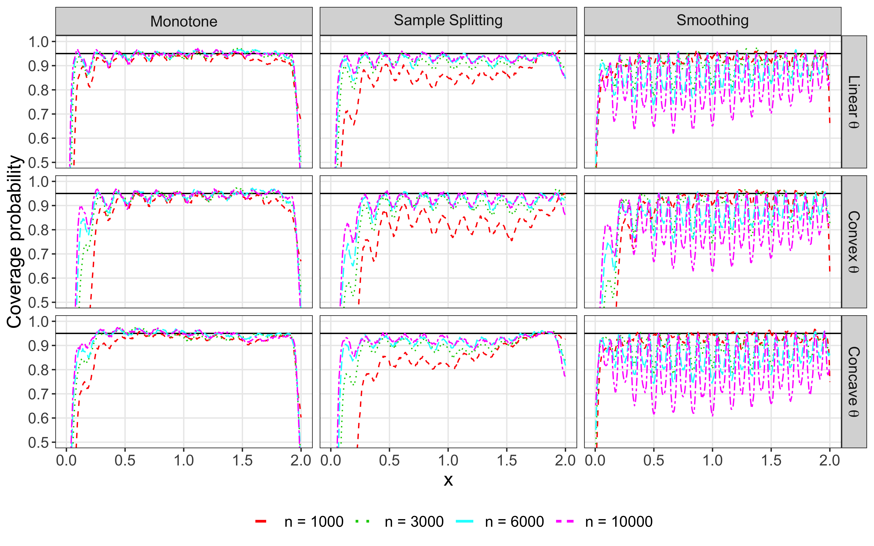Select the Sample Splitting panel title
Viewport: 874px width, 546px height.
point(448,21)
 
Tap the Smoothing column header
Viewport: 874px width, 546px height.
point(713,21)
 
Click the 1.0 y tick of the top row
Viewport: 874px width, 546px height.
point(39,42)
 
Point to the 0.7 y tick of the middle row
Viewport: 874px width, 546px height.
point(39,254)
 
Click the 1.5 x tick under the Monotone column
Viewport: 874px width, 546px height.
point(242,461)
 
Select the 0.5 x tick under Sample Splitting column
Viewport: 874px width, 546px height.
point(389,461)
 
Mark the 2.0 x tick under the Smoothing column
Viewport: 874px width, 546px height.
point(830,461)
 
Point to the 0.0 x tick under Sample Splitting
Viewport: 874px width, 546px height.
point(331,461)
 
